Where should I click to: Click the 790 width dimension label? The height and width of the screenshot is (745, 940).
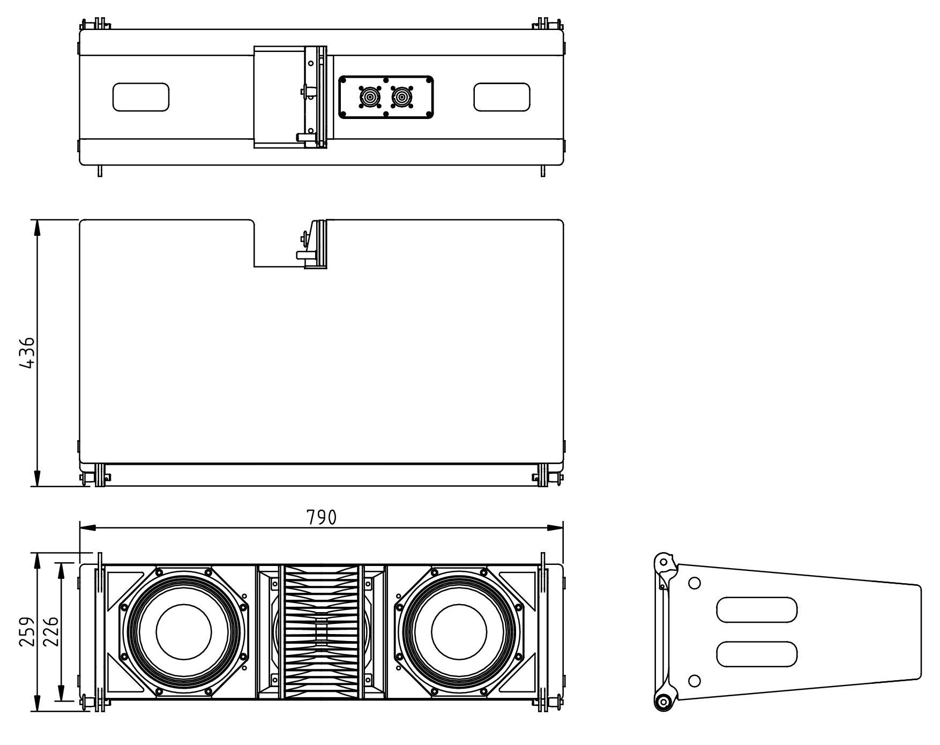tap(322, 517)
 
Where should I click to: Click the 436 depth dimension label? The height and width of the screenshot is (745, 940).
tap(26, 353)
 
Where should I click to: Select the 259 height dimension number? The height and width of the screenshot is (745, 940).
tap(27, 632)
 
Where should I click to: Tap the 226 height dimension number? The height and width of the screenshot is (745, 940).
tap(50, 632)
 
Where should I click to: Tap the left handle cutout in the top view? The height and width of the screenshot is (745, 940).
tap(141, 97)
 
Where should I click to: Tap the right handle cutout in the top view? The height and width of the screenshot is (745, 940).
tap(502, 97)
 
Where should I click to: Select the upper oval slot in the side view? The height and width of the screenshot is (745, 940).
tap(757, 610)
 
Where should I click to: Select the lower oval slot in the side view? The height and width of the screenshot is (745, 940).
tap(757, 654)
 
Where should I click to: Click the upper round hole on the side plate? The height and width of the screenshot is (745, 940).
tap(694, 583)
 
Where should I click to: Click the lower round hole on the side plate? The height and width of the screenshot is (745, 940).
tap(694, 681)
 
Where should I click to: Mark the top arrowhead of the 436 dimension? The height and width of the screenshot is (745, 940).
tap(37, 228)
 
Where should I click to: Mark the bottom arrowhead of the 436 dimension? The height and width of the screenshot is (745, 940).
tap(37, 478)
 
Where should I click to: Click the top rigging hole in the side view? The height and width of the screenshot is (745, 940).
tap(664, 562)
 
